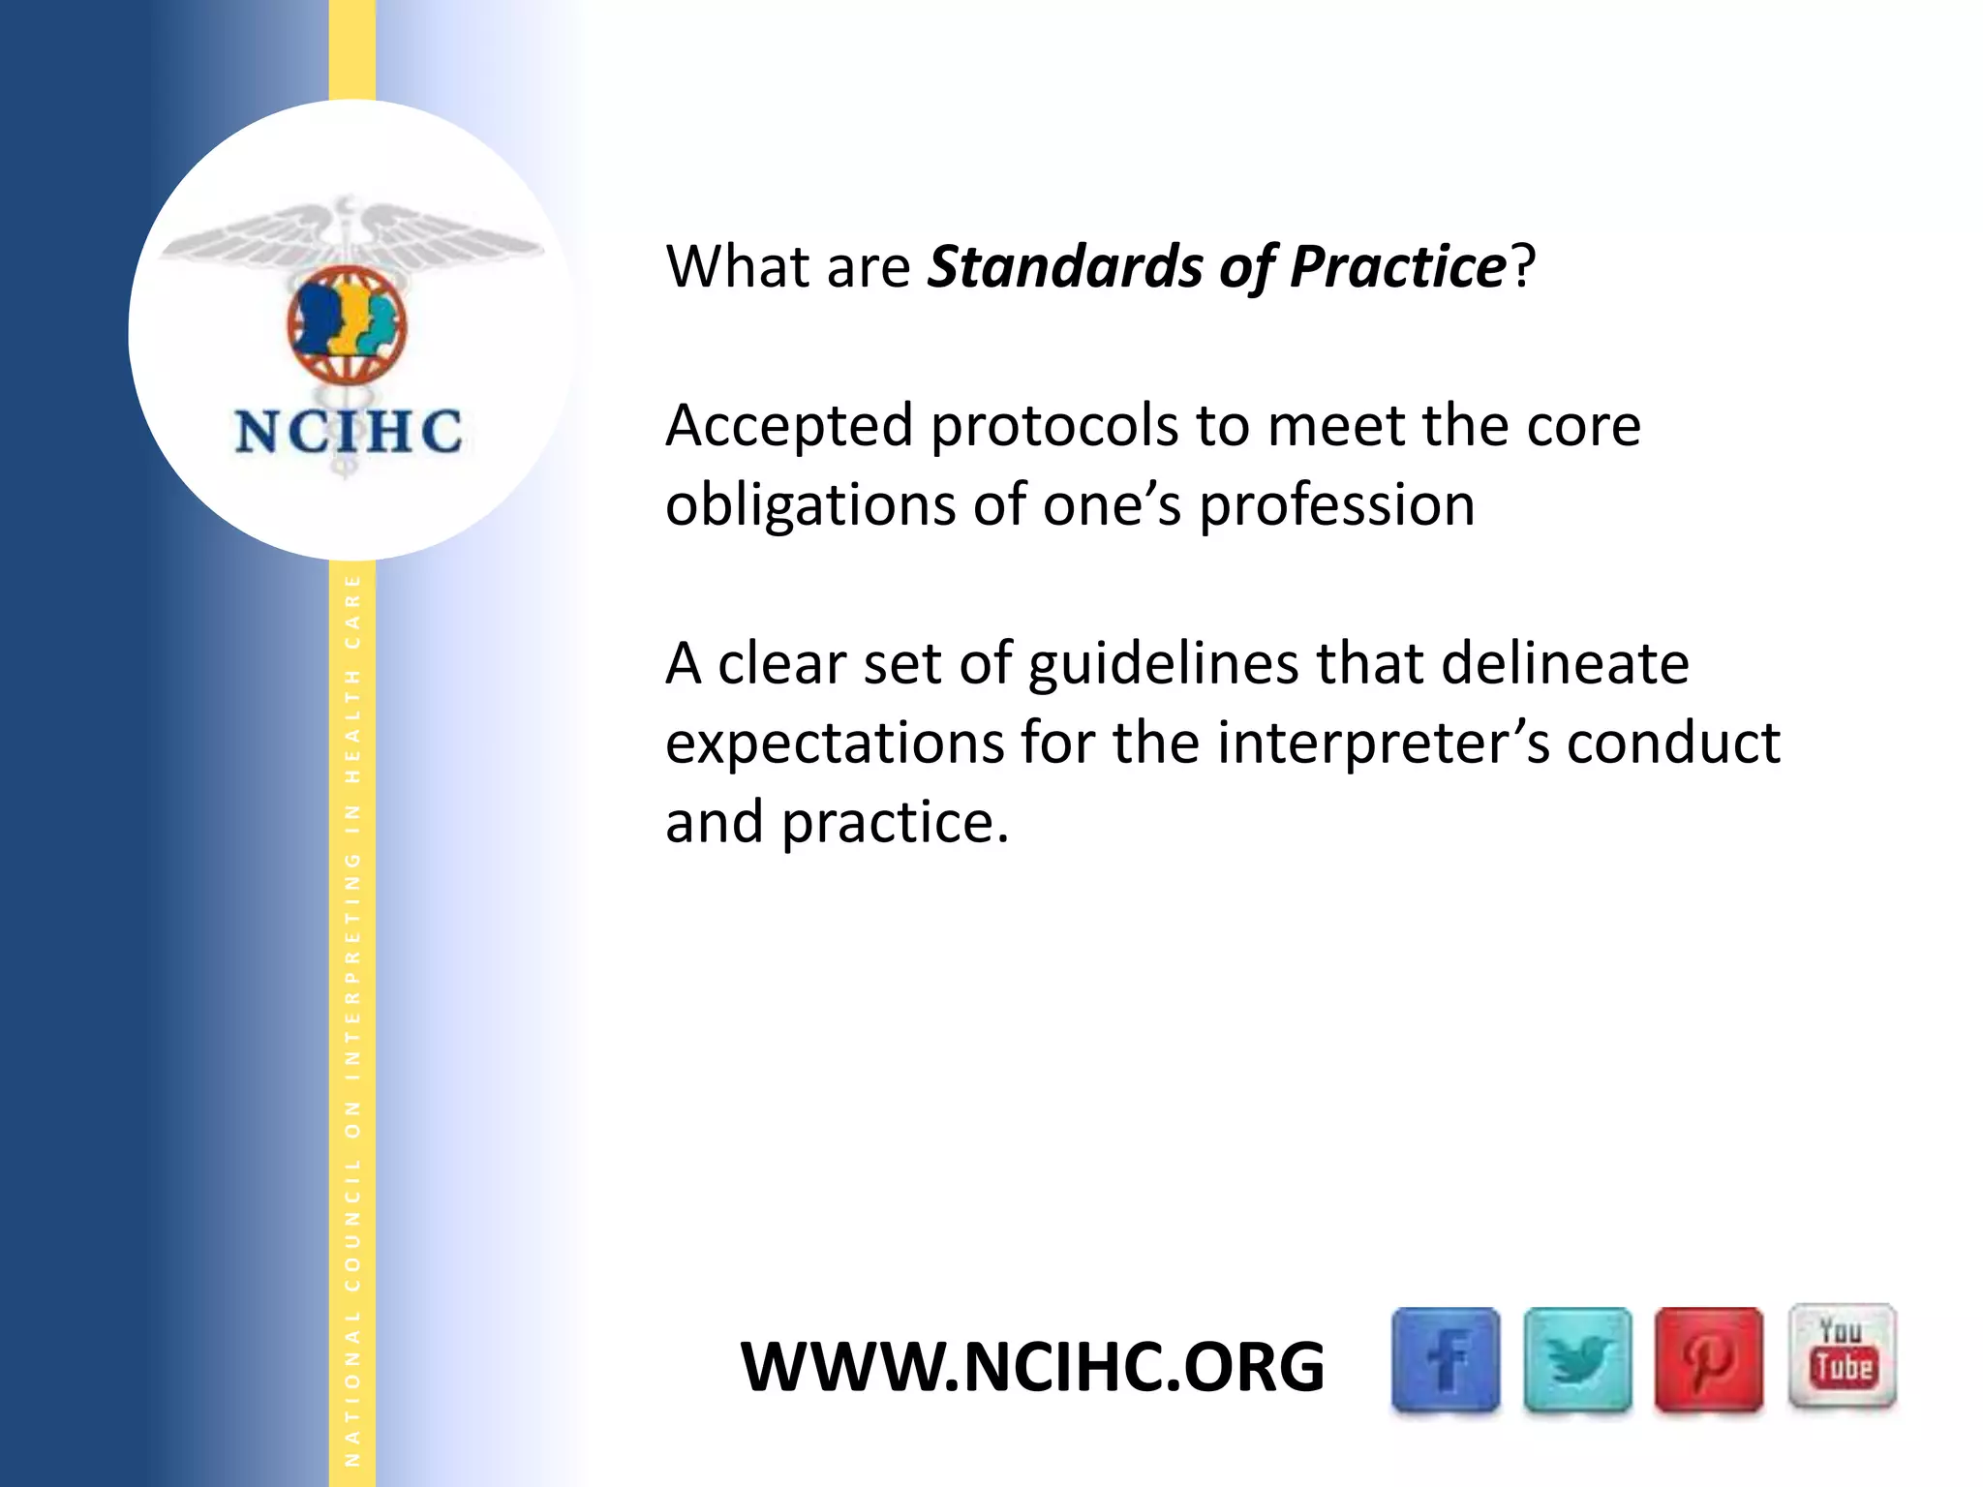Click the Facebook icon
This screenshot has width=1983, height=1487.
pos(1446,1359)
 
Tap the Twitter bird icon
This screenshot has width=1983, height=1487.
pos(1577,1359)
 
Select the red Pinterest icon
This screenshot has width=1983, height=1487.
pos(1708,1359)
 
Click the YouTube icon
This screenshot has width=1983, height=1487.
pos(1842,1355)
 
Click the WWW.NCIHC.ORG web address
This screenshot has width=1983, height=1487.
pos(1032,1367)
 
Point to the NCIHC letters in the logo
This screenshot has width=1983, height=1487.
pos(349,432)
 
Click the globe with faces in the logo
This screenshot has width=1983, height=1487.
pos(347,325)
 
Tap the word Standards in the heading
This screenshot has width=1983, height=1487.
pos(1063,267)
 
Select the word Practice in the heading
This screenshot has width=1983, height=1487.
pos(1397,267)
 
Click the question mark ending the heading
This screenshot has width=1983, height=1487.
pos(1523,267)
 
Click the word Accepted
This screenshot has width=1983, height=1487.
pos(789,427)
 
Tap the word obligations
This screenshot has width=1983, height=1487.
pos(809,506)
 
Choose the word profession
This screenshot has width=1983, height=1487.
pos(1336,506)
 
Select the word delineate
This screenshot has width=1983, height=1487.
pos(1565,664)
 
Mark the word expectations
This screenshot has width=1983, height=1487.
pos(835,744)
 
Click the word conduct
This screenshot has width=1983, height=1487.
pos(1673,743)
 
